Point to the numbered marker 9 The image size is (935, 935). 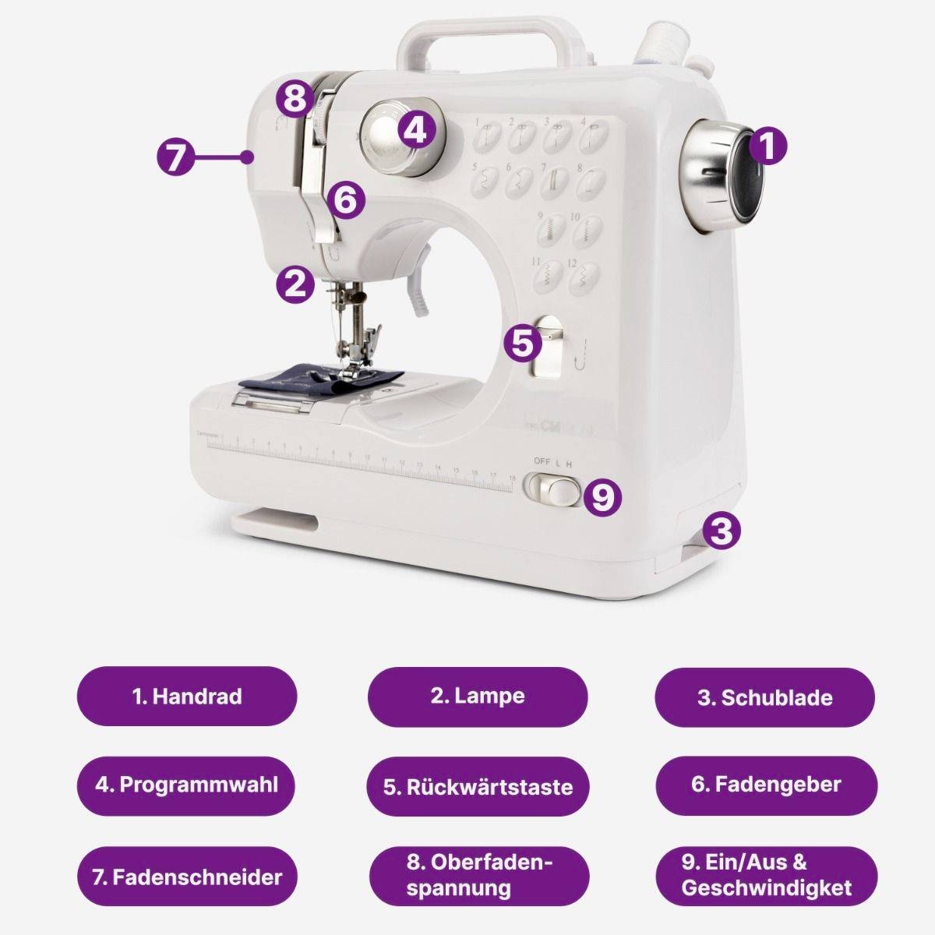point(602,496)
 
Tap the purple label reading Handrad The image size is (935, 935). point(187,697)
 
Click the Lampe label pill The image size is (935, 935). point(478,697)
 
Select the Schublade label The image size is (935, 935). point(764,697)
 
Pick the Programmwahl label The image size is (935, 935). point(187,785)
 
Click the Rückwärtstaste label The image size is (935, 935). point(478,786)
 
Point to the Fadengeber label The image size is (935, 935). point(764,785)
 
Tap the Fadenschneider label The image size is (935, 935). point(187,877)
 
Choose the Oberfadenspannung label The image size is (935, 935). point(478,876)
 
